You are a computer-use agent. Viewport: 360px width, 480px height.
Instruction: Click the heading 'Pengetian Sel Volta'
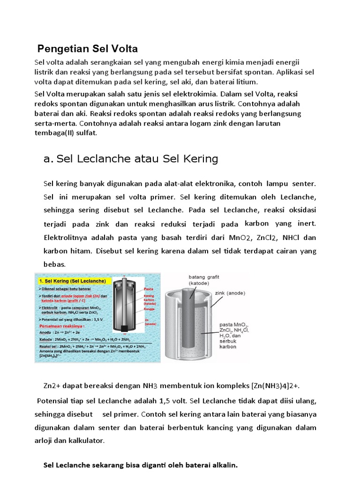click(87, 49)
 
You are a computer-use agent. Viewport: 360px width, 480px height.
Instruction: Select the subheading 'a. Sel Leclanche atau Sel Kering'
click(131, 159)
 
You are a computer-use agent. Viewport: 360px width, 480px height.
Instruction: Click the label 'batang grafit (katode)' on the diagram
click(204, 280)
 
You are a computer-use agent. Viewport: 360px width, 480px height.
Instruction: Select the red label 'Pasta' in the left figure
click(149, 289)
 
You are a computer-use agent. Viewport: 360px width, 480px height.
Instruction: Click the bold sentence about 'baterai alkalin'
click(141, 465)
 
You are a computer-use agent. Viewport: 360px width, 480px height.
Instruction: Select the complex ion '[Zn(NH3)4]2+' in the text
click(273, 386)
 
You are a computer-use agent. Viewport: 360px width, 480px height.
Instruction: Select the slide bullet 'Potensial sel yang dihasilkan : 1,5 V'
click(72, 319)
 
